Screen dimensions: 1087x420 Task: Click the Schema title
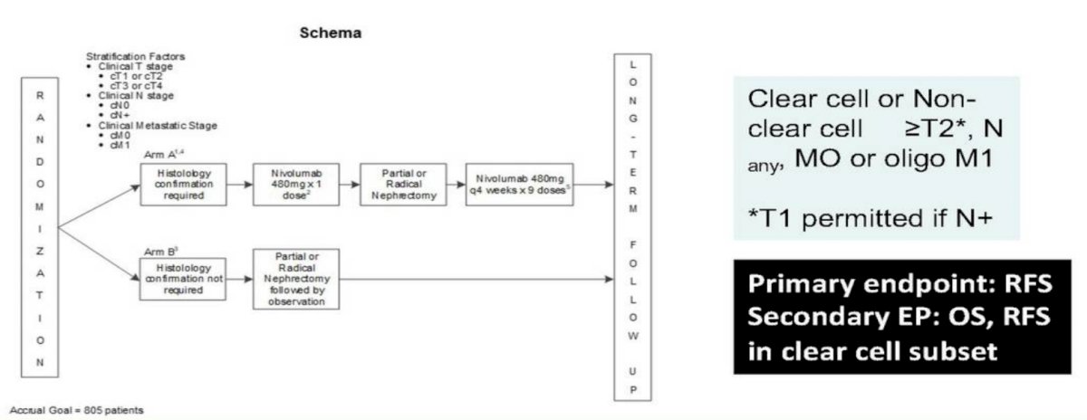[x=331, y=33]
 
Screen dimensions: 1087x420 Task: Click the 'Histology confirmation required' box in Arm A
[x=183, y=185]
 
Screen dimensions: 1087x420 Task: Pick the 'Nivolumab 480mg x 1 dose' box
[x=296, y=185]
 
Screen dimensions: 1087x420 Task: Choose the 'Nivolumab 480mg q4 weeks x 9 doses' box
[x=519, y=185]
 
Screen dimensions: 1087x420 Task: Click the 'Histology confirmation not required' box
[x=183, y=279]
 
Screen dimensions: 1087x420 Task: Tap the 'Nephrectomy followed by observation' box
[x=296, y=279]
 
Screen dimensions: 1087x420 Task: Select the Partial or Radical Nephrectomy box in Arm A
[x=403, y=185]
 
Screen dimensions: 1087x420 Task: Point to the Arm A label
[x=164, y=155]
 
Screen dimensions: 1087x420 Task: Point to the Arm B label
[x=160, y=252]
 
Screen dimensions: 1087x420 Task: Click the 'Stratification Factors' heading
[x=135, y=56]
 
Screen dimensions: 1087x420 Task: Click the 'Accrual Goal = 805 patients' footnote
[x=77, y=410]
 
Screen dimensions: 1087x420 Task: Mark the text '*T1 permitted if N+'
[x=871, y=218]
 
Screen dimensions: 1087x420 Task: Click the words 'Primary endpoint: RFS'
[x=900, y=283]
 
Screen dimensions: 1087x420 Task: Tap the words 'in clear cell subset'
[x=872, y=351]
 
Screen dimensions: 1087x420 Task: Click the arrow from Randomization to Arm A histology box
[x=99, y=206]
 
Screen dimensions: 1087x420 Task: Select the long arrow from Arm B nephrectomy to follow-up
[x=476, y=279]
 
